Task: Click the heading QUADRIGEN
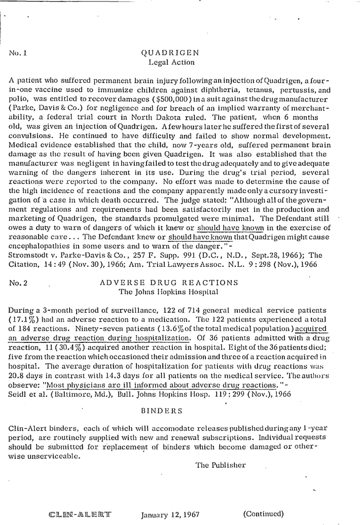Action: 170,52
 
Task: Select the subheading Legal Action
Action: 171,62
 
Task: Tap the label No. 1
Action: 18,53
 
